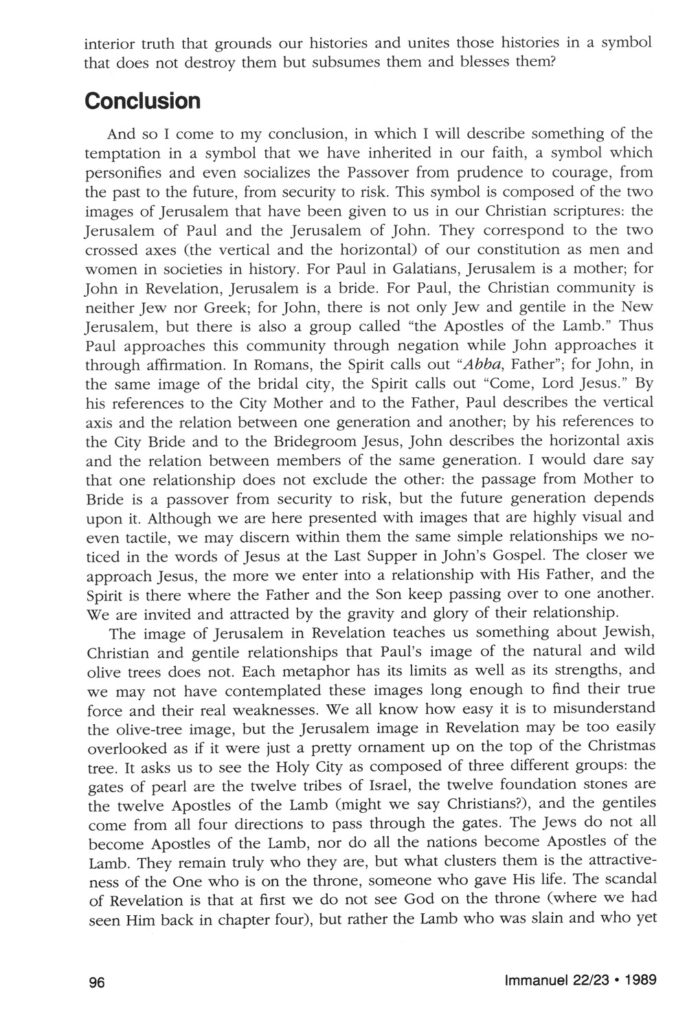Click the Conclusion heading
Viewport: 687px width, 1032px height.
tap(143, 102)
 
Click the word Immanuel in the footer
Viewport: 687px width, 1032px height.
tap(534, 981)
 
